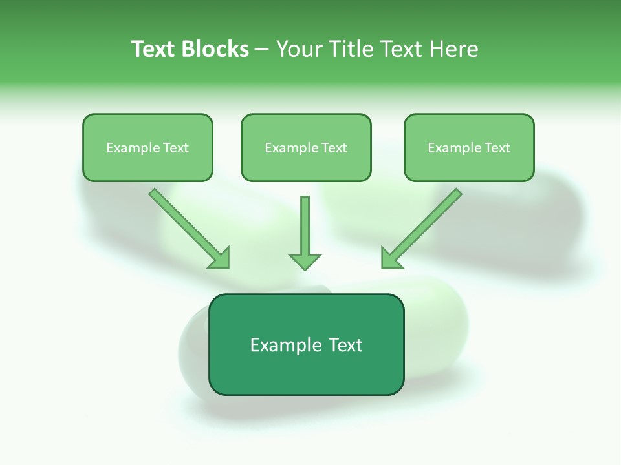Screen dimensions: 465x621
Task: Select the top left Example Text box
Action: [147, 148]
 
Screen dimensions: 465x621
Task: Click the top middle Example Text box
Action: [306, 148]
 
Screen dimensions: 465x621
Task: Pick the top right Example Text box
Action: [469, 148]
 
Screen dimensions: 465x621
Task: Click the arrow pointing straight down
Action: [305, 229]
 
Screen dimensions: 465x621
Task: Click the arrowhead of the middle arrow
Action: [305, 261]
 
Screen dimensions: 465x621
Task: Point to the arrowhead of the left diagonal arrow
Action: [220, 258]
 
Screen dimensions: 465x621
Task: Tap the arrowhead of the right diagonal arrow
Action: [391, 258]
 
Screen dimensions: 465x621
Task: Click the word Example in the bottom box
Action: [285, 346]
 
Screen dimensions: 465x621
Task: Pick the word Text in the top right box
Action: [497, 148]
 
